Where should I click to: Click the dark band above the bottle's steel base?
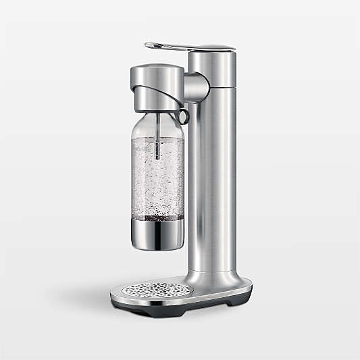(x=157, y=217)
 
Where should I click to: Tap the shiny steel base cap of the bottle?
(x=157, y=233)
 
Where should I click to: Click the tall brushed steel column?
(x=212, y=169)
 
